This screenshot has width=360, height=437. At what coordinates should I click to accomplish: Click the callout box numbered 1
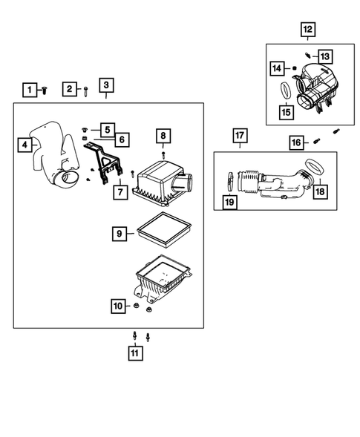30,90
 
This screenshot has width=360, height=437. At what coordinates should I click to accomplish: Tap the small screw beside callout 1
45,91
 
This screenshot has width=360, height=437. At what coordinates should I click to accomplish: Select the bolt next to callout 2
85,91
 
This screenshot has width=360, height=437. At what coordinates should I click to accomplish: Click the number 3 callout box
106,85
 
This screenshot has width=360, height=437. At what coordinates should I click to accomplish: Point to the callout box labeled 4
24,145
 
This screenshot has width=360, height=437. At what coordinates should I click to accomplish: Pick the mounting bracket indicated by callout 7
103,163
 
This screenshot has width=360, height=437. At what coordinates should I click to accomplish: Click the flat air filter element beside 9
163,230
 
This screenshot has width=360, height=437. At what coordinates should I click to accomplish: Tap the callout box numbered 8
163,136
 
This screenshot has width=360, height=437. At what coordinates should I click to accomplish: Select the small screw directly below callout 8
163,155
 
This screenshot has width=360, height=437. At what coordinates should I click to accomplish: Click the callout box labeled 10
118,306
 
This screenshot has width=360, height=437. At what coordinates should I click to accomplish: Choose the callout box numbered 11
135,353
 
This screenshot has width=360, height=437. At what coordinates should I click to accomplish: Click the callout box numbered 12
308,29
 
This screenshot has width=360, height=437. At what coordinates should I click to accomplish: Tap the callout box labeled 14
277,68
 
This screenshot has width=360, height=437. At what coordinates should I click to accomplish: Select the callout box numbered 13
325,56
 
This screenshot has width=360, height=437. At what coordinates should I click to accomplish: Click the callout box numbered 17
240,136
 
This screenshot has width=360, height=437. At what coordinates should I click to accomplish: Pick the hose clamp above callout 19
230,181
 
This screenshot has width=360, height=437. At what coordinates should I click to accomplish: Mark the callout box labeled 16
296,142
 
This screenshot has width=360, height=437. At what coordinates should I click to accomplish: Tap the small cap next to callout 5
85,130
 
